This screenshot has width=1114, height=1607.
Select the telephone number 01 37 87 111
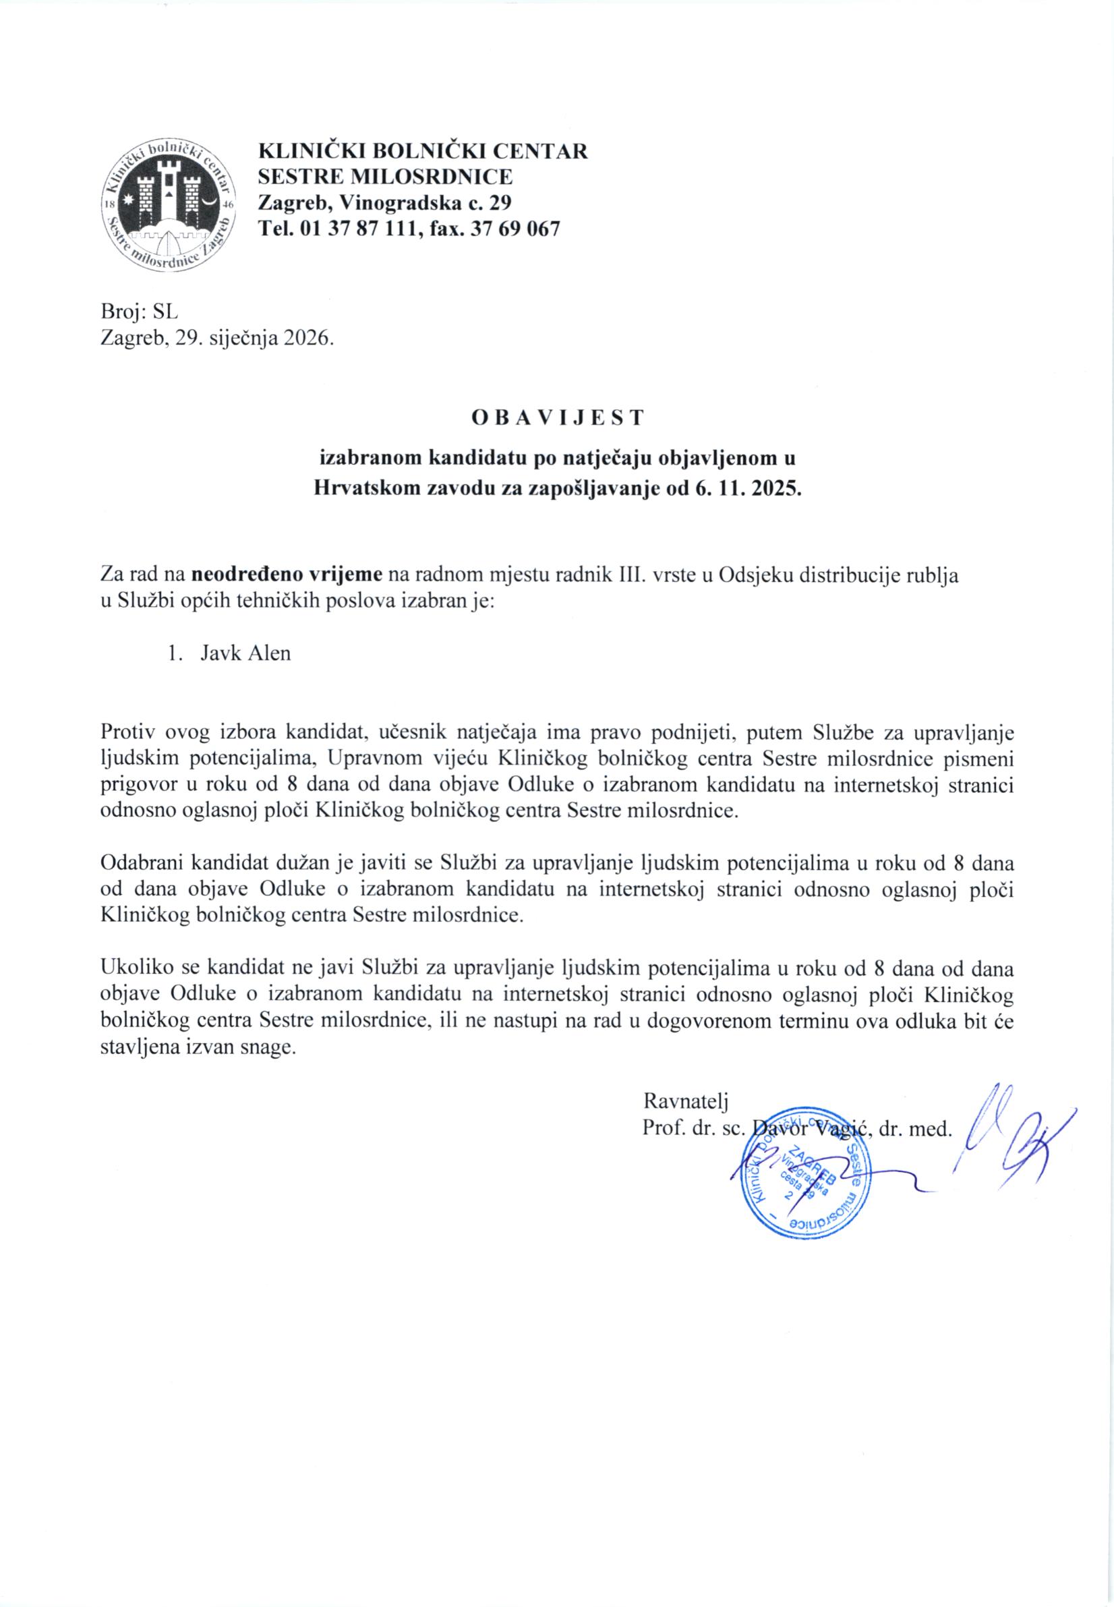351,229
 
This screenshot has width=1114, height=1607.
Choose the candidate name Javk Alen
245,654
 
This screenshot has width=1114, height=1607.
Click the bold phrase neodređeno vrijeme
286,577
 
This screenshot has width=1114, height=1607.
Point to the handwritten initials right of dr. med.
1012,1138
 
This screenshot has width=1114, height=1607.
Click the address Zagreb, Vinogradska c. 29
385,202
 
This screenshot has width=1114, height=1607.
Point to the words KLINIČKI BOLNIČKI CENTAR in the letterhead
423,151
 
